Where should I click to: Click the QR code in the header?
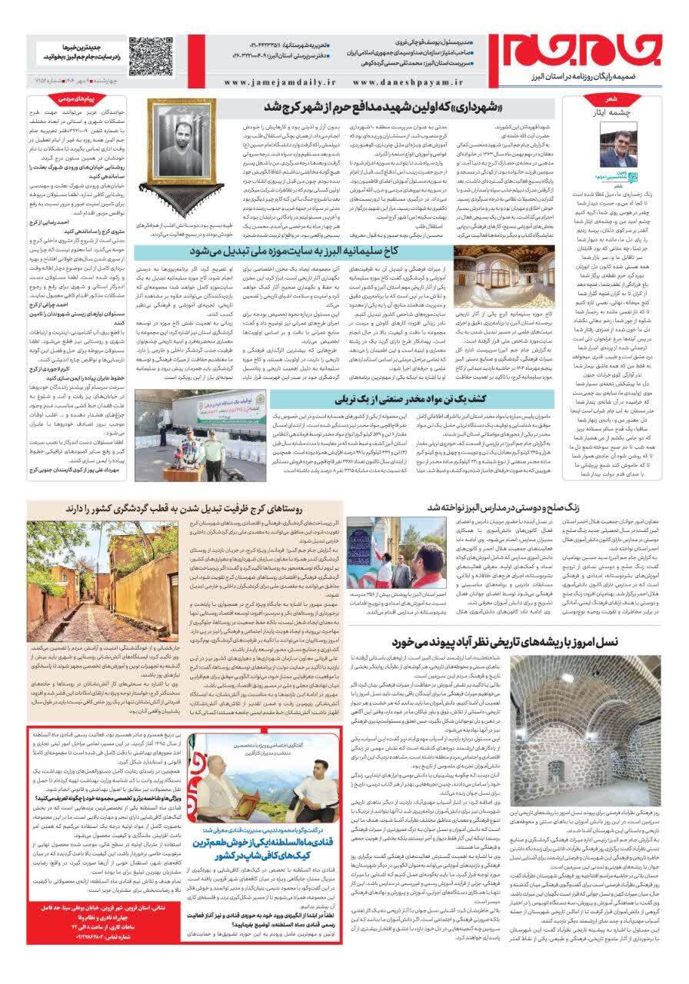point(151,54)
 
